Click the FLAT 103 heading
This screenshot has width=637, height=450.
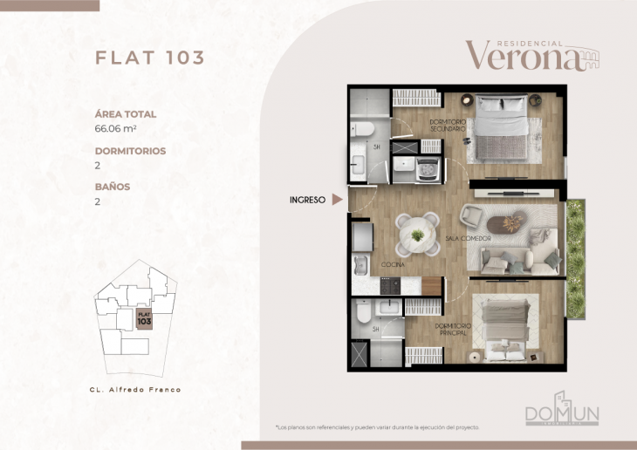pyautogui.click(x=149, y=58)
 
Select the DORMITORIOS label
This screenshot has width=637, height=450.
pyautogui.click(x=130, y=151)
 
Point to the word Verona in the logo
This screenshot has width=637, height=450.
pyautogui.click(x=521, y=57)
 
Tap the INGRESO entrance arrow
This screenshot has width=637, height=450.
pyautogui.click(x=337, y=200)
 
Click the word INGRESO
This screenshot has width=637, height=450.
pyautogui.click(x=307, y=200)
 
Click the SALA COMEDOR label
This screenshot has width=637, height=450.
pyautogui.click(x=466, y=238)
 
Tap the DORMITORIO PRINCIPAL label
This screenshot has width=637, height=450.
pyautogui.click(x=452, y=329)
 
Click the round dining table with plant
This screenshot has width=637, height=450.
pyautogui.click(x=418, y=234)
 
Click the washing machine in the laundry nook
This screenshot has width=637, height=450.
pyautogui.click(x=428, y=166)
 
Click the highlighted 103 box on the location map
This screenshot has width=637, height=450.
pyautogui.click(x=145, y=319)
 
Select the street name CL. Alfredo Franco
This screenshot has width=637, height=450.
pyautogui.click(x=135, y=389)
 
